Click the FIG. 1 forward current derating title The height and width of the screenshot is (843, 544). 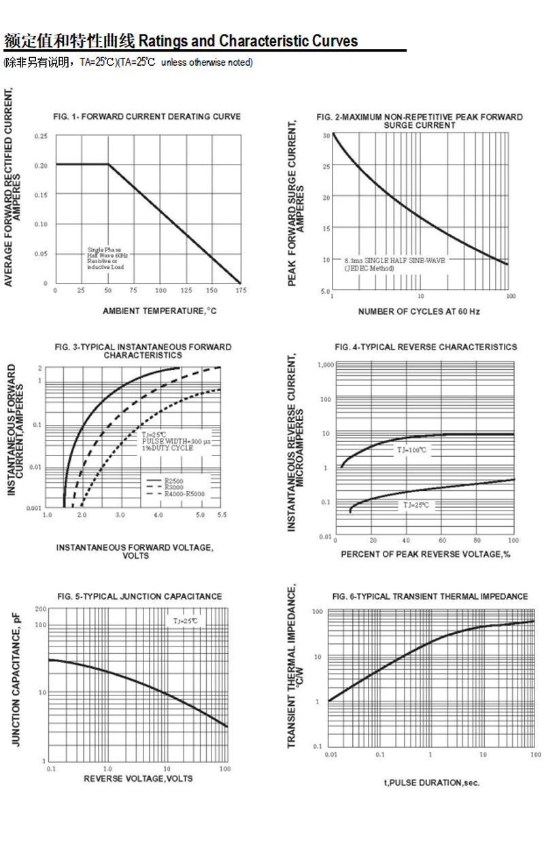[x=147, y=117]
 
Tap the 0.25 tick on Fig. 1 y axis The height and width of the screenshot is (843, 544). [x=42, y=137]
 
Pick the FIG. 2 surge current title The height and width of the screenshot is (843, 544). [x=420, y=121]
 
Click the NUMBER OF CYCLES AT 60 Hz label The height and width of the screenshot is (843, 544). [x=419, y=311]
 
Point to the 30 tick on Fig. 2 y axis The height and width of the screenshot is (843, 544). [x=326, y=136]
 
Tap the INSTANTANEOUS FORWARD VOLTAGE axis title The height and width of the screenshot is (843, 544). [x=135, y=551]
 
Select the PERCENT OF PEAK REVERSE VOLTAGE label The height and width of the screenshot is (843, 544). [x=426, y=554]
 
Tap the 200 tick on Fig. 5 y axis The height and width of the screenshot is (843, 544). [x=41, y=609]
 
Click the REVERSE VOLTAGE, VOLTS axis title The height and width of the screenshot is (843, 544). [x=138, y=778]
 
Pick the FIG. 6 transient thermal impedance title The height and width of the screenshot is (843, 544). [x=430, y=597]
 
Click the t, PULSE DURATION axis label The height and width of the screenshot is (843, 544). [x=432, y=782]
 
